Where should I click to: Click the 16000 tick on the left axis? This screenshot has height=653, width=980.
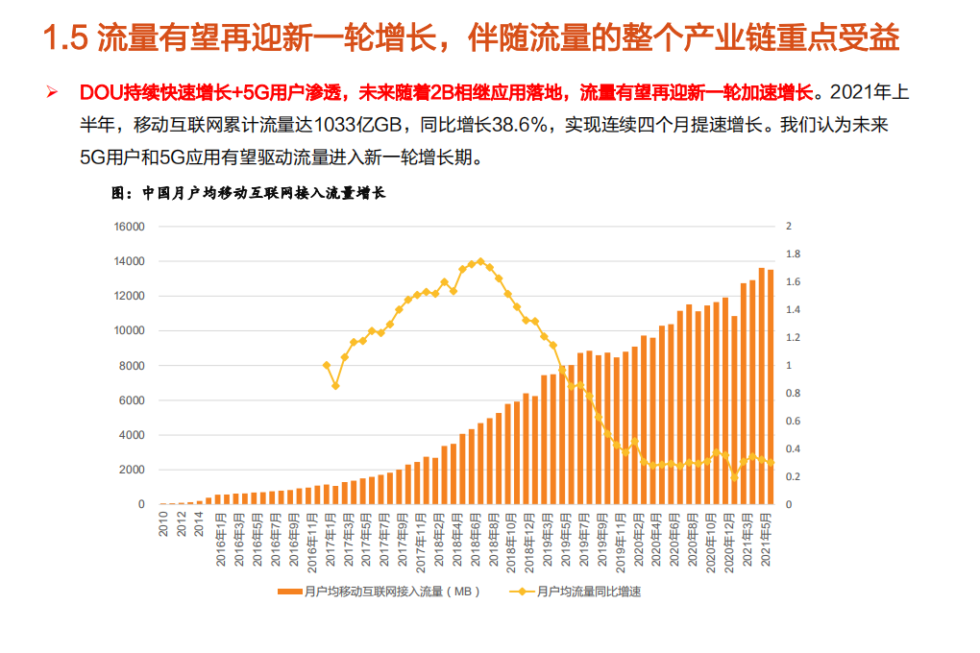tap(130, 227)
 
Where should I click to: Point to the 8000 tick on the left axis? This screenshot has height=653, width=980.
tap(133, 366)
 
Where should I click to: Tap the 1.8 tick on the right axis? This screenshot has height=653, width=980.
tap(792, 254)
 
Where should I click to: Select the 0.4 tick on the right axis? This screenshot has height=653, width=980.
tap(792, 448)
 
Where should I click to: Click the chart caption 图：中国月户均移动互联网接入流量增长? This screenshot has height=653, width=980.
tap(248, 193)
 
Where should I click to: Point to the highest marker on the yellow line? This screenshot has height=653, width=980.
tap(480, 261)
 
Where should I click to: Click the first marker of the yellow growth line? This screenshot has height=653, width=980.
tap(327, 365)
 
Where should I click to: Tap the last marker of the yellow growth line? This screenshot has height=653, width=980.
tap(771, 463)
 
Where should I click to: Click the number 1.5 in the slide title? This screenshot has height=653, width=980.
tap(65, 39)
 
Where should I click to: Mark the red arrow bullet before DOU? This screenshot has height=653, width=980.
tap(53, 92)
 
